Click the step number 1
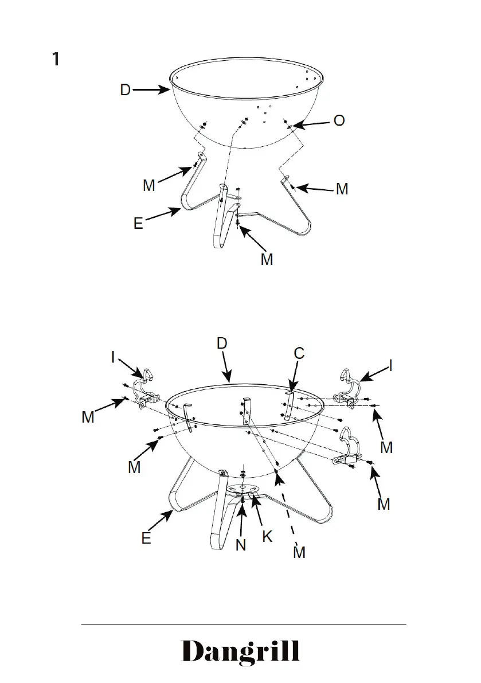[56, 59]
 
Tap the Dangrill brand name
[240, 653]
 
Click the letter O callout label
[339, 122]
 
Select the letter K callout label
[267, 536]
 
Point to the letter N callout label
[241, 544]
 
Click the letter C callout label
[299, 354]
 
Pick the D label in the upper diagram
[125, 90]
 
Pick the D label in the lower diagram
[222, 344]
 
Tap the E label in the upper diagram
[138, 223]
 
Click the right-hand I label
[391, 365]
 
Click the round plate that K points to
[243, 489]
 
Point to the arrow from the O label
[309, 124]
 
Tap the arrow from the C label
[292, 379]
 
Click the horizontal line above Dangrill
[243, 624]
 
